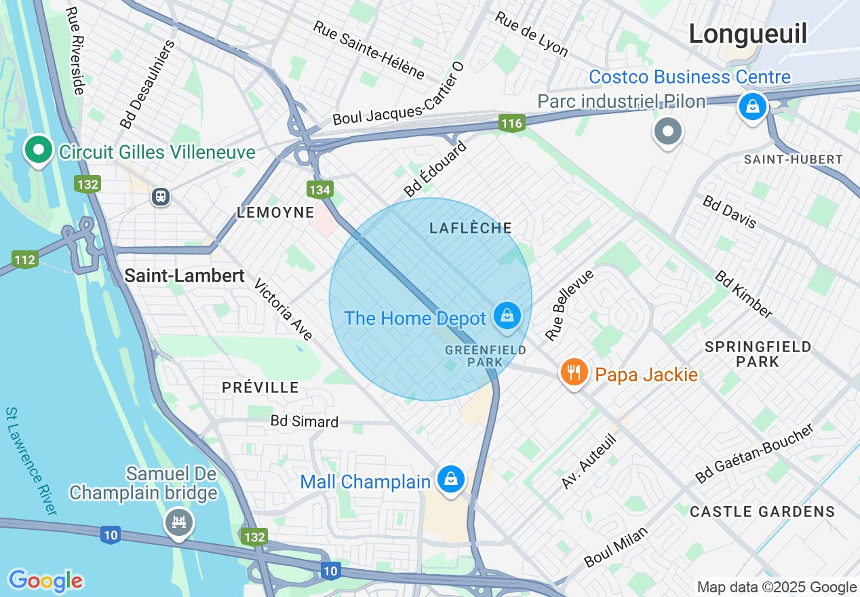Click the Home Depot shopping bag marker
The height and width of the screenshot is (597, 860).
(x=507, y=315)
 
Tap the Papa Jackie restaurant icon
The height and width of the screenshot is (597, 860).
(x=574, y=372)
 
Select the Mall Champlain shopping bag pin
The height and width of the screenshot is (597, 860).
(x=450, y=479)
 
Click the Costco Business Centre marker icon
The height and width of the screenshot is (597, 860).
(x=752, y=107)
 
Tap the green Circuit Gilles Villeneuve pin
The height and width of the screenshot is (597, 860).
(x=39, y=149)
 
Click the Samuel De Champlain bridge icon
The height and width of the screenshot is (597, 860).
(x=179, y=522)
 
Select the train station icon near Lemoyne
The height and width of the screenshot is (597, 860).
(x=161, y=197)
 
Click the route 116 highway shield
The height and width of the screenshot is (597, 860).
(x=512, y=123)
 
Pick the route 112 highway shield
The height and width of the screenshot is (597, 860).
(x=24, y=259)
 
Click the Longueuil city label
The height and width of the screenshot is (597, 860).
(x=748, y=34)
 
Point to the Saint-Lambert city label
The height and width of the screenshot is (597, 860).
(x=184, y=275)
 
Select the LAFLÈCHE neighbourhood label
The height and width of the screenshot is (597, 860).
(x=471, y=228)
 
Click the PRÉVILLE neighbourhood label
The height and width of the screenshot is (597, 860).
(x=260, y=387)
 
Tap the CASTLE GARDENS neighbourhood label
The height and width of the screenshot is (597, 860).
(x=762, y=512)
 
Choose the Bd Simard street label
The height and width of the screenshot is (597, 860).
(x=304, y=421)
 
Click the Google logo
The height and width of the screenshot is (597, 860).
(x=45, y=581)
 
